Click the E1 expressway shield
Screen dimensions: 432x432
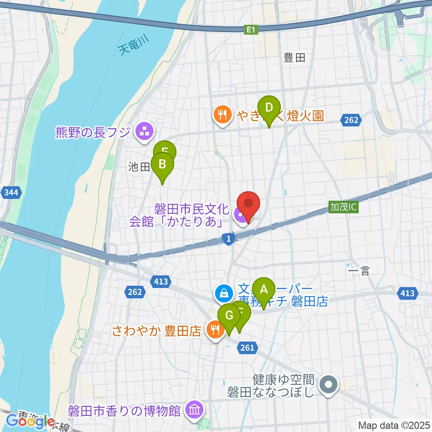[x=251, y=30]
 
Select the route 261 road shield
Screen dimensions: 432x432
[x=247, y=347]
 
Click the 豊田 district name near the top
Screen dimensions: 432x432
[x=295, y=58]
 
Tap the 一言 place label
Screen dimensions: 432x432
[x=359, y=271]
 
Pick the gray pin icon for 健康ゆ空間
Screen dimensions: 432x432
[x=329, y=385]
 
